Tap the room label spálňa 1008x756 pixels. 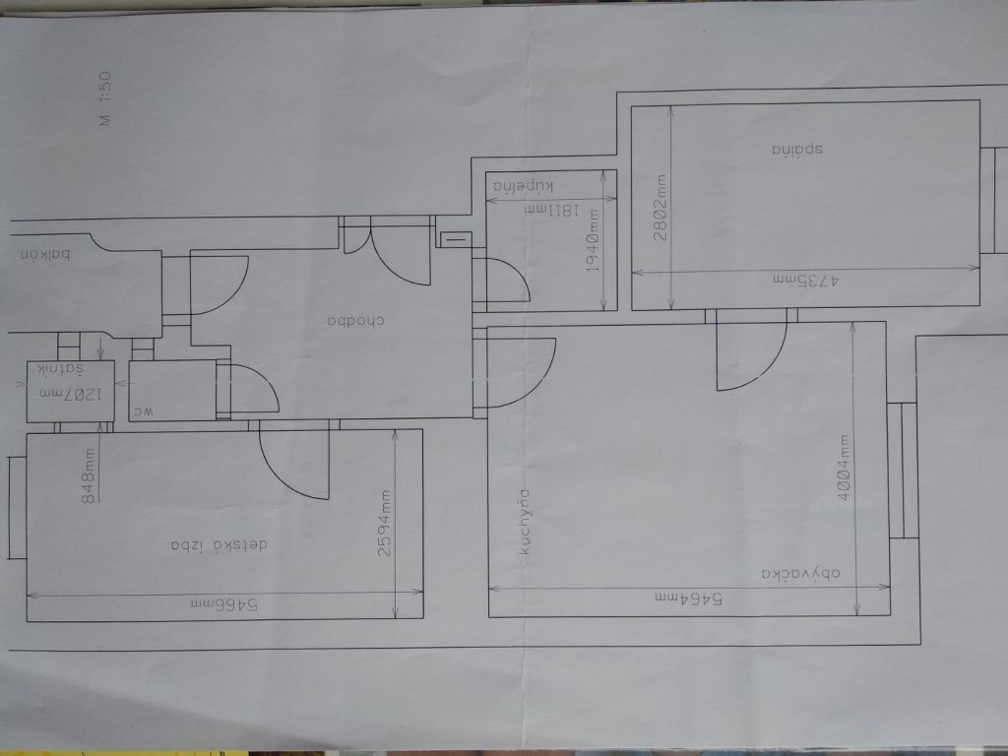coord(796,151)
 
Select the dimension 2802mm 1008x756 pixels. coord(661,204)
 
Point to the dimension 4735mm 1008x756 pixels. coord(804,280)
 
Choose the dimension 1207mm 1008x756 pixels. coord(70,394)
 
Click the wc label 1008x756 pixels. coord(144,413)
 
